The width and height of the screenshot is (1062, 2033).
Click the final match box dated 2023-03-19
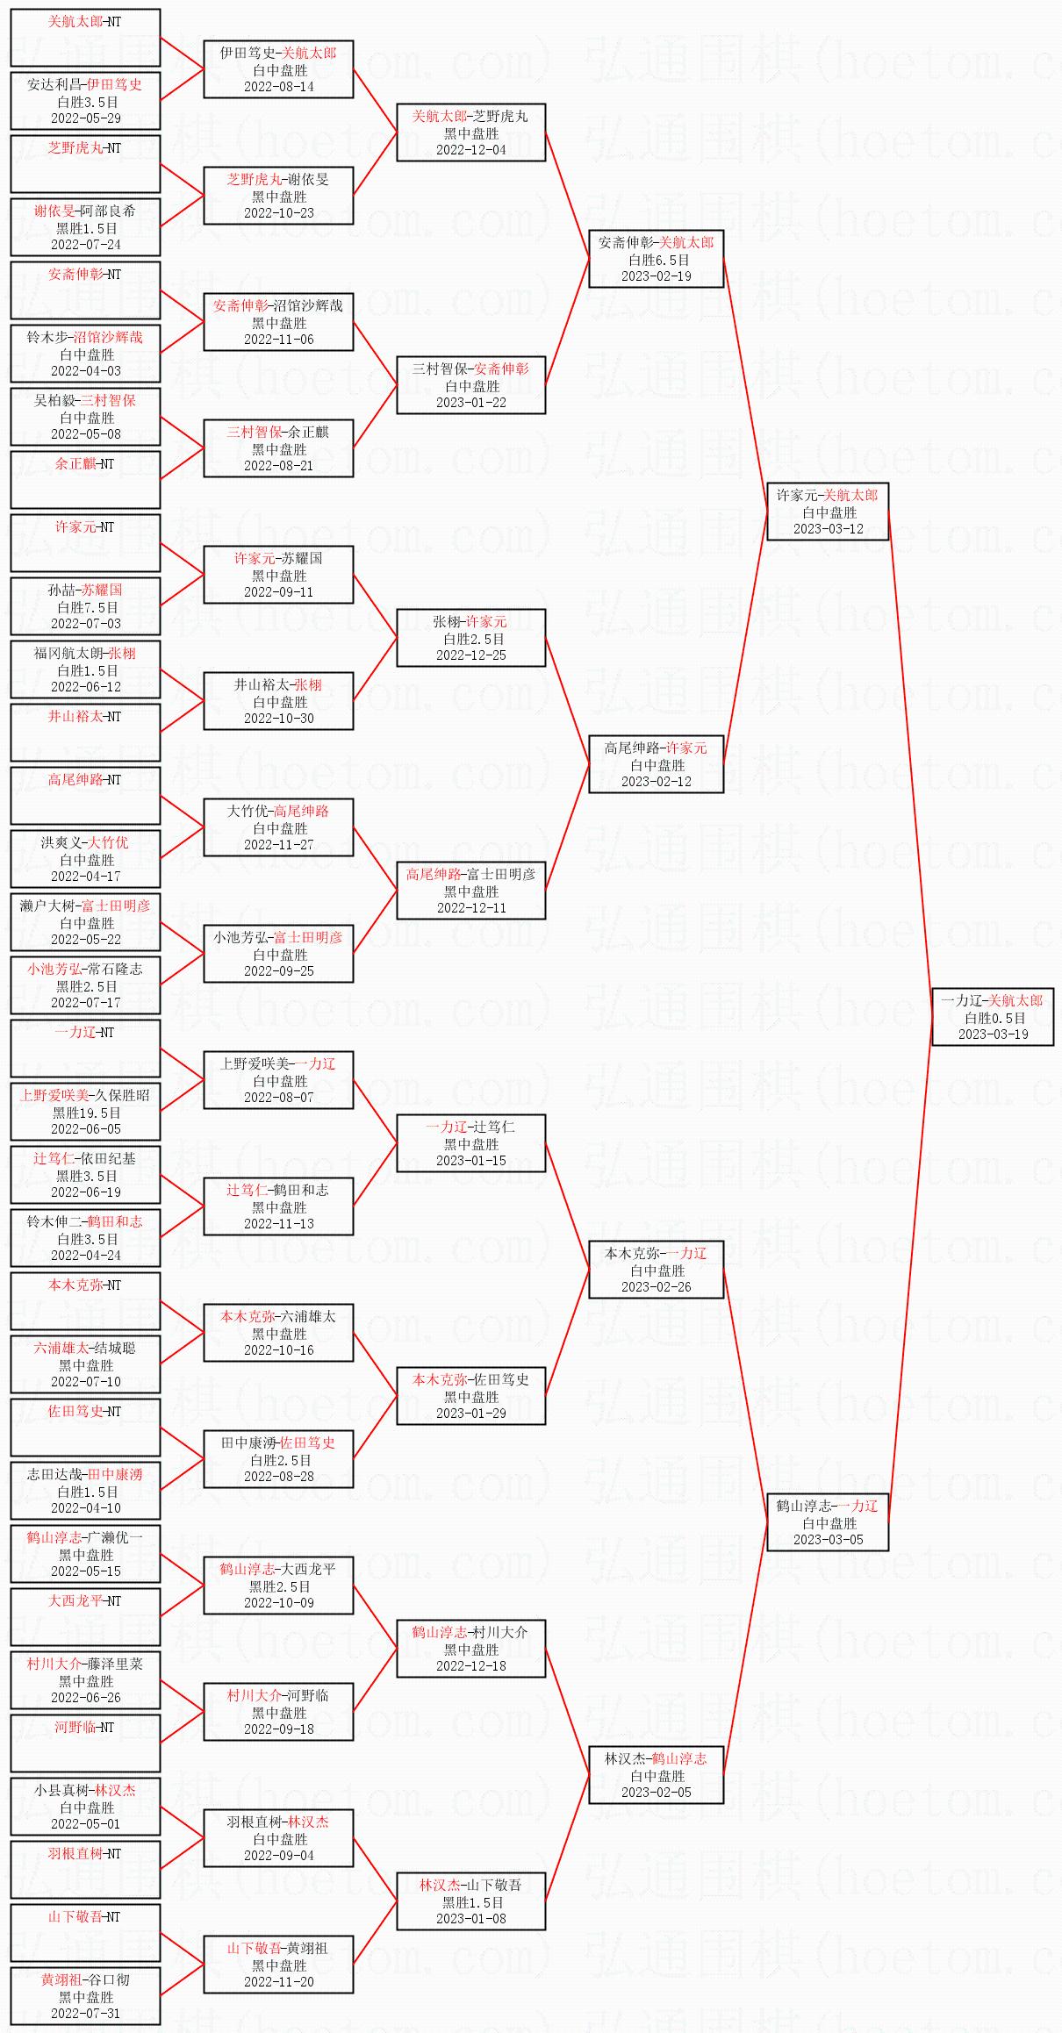[993, 1017]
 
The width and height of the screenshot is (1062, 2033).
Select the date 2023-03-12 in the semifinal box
[829, 529]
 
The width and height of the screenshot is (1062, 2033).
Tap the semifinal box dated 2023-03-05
[828, 1522]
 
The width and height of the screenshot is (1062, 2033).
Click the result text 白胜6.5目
[657, 260]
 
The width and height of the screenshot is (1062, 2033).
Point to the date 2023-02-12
[657, 782]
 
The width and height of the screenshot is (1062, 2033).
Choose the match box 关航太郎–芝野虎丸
[471, 132]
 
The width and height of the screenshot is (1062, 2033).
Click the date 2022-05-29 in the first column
[86, 118]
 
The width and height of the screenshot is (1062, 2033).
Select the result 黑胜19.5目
[86, 1113]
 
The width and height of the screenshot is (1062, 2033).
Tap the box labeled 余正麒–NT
[85, 480]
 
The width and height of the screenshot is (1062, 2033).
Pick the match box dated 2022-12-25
[471, 638]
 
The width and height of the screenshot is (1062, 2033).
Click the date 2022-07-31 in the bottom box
[86, 2014]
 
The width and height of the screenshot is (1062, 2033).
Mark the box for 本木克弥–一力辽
[657, 1270]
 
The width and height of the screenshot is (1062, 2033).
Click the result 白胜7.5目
[86, 607]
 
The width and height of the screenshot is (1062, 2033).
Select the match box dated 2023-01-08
[471, 1901]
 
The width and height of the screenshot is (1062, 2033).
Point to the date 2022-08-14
[279, 87]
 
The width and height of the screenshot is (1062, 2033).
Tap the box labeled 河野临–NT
[85, 1743]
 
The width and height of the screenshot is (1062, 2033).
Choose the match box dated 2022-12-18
[471, 1649]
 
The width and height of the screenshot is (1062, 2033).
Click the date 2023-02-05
[657, 1793]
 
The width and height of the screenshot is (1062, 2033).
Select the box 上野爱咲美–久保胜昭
[85, 1112]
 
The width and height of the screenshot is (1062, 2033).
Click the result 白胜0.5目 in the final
[994, 1018]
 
